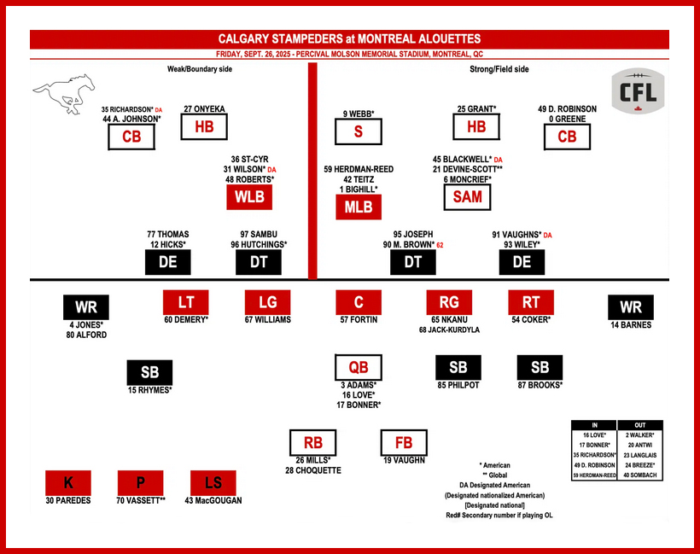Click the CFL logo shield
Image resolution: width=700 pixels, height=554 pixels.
(x=639, y=91)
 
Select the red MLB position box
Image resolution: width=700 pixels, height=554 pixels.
(x=359, y=207)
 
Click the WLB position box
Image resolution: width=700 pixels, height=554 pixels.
(x=249, y=197)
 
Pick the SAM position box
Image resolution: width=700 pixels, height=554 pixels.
(x=468, y=197)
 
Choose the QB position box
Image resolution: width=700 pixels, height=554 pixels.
(x=359, y=368)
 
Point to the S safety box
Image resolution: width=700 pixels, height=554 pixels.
(x=359, y=132)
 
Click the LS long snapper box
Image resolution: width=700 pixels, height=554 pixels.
(x=213, y=482)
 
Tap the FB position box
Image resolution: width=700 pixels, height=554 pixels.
(x=403, y=443)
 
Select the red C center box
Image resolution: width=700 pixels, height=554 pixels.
(x=359, y=302)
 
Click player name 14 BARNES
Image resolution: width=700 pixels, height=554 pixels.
(x=631, y=325)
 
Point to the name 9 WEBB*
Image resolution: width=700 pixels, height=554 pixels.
(x=359, y=114)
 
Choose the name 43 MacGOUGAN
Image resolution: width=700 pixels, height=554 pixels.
(x=213, y=500)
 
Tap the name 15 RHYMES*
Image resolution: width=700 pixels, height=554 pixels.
(x=149, y=390)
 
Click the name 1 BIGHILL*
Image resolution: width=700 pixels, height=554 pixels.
(x=359, y=189)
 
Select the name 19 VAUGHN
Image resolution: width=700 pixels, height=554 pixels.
(x=403, y=459)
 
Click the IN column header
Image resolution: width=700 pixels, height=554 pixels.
(x=594, y=425)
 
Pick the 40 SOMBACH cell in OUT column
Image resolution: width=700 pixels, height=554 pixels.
(x=639, y=475)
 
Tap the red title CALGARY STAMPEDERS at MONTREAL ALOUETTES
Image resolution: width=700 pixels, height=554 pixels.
(x=350, y=39)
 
